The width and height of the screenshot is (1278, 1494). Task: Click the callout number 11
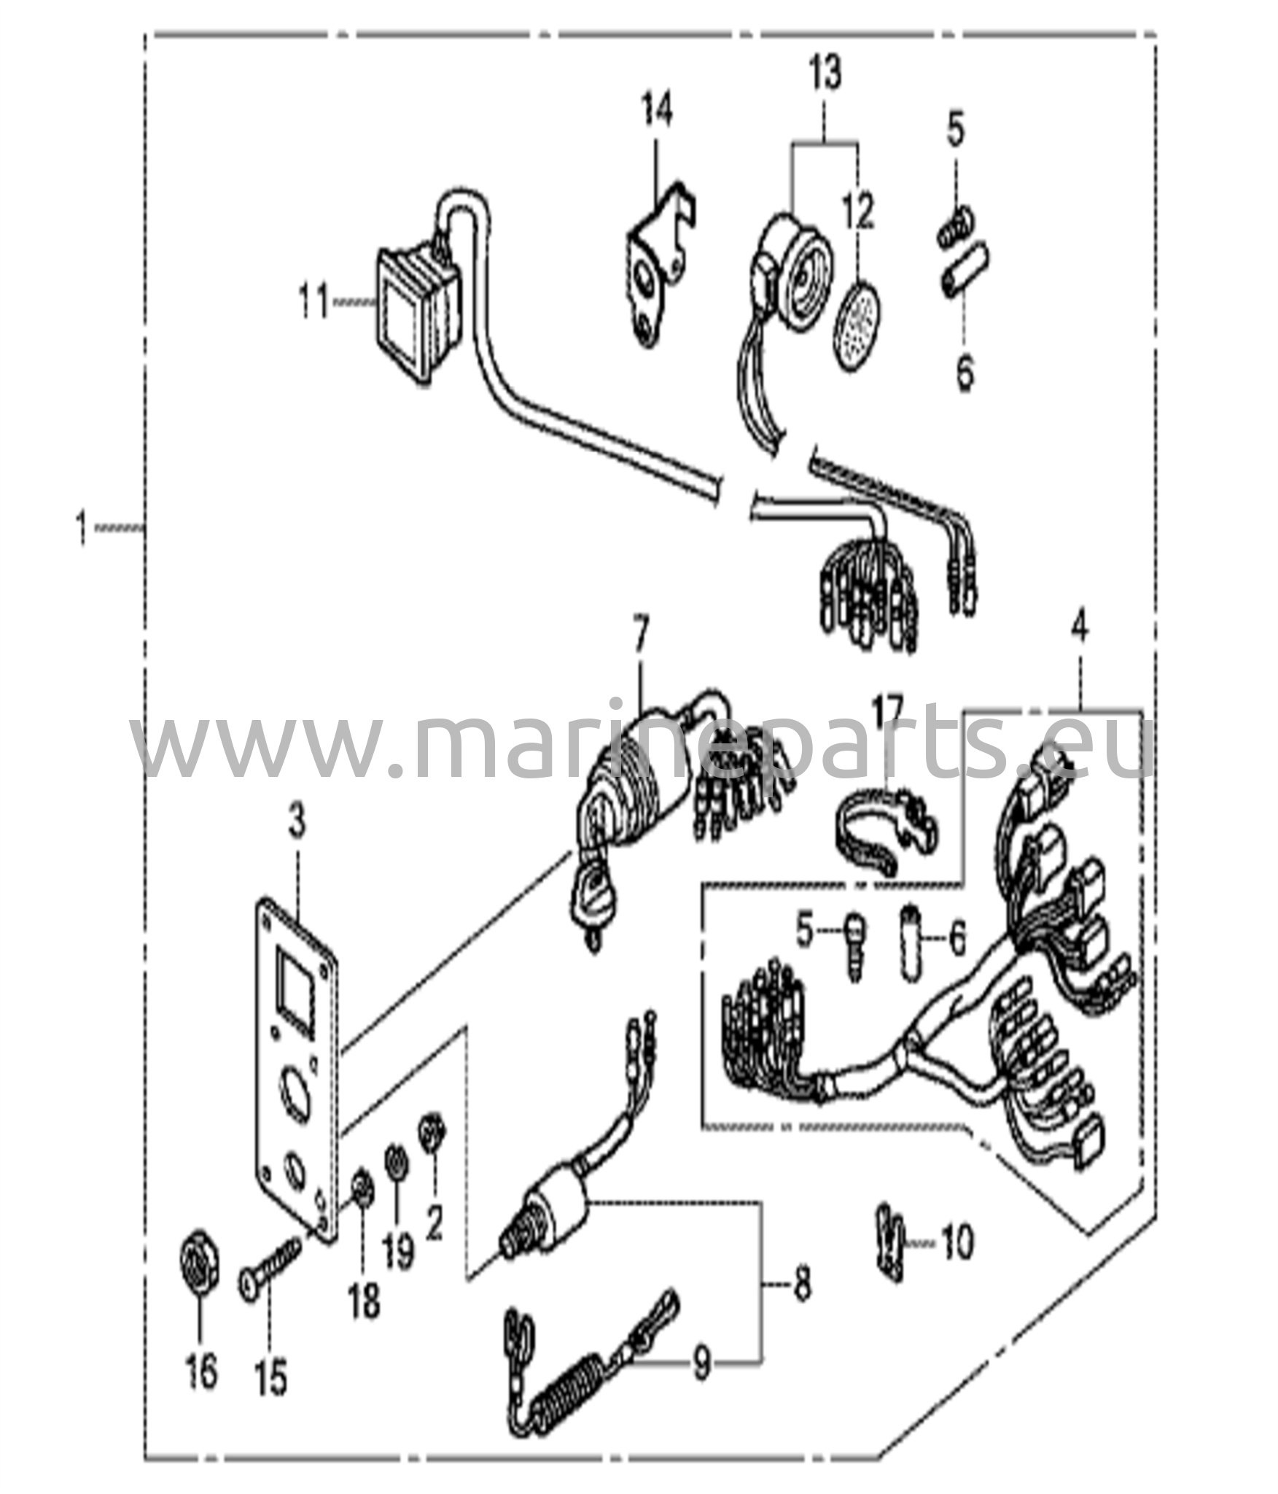click(x=314, y=302)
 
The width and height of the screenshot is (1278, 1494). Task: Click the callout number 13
click(x=825, y=74)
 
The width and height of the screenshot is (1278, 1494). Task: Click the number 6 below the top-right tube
click(x=965, y=373)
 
